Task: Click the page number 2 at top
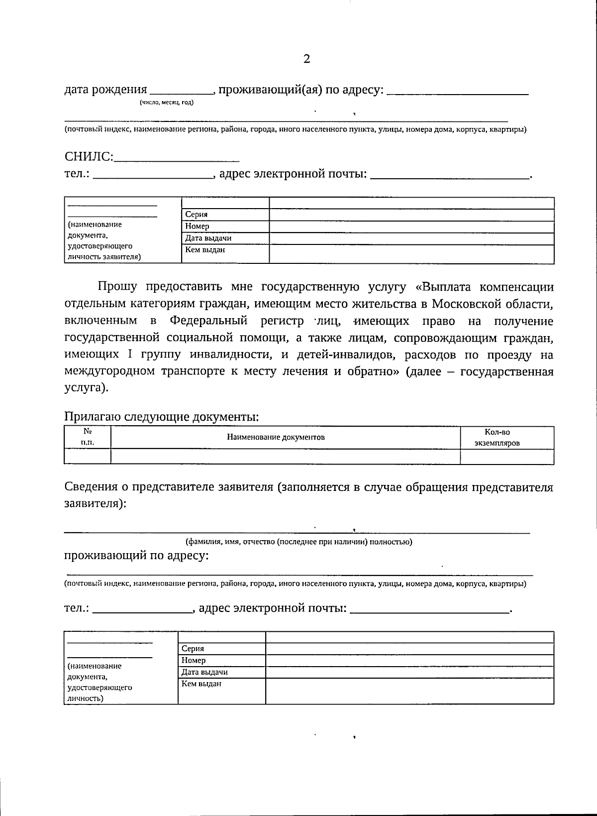coord(306,59)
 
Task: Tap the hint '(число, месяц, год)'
coord(167,103)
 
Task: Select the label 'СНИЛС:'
coord(89,157)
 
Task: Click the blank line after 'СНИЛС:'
coord(177,159)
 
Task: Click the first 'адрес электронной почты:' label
coord(293,174)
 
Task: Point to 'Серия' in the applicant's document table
coord(196,215)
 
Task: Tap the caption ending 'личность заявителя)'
coord(104,257)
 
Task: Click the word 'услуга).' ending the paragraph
coord(86,388)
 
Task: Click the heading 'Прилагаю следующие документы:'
coord(162,417)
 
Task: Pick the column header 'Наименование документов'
coord(276,437)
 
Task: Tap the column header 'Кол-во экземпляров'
coord(497,437)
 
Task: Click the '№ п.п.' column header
coord(88,437)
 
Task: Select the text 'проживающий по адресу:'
coord(136,556)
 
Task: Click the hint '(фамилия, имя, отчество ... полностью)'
coord(298,542)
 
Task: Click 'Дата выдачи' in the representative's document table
coord(204,672)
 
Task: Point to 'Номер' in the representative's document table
coord(194,660)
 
